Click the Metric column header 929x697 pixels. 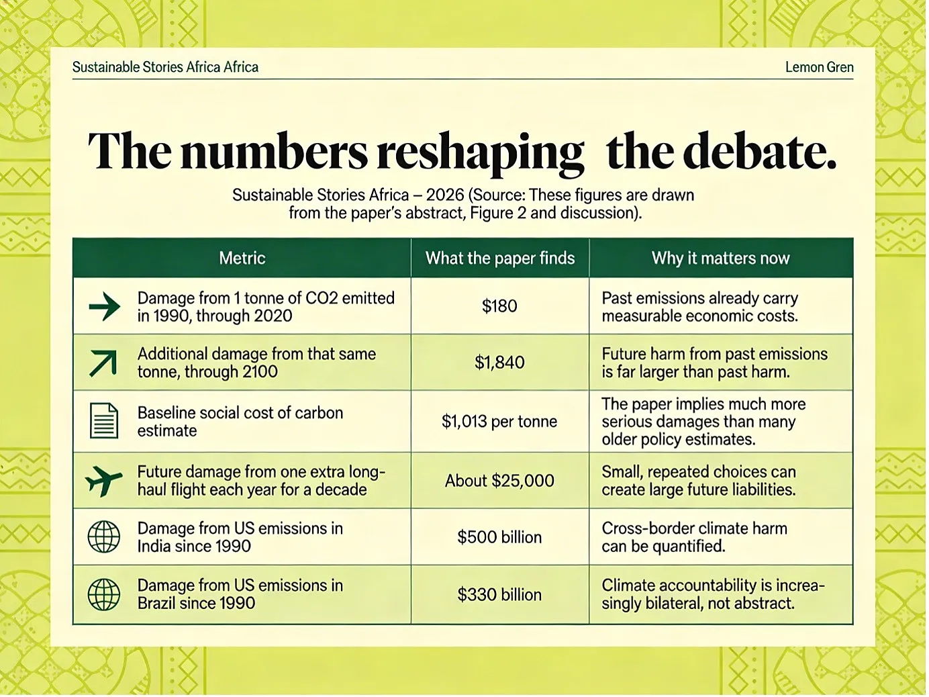point(242,258)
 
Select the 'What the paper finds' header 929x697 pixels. point(500,258)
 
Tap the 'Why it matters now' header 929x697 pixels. point(720,258)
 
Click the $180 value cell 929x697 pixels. point(499,306)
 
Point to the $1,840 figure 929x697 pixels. point(499,362)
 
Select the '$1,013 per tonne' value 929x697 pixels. point(499,422)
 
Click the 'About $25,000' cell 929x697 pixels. point(499,481)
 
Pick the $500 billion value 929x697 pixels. point(499,537)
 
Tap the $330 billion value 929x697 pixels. point(499,594)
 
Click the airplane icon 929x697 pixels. point(103,481)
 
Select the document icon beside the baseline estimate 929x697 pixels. point(104,420)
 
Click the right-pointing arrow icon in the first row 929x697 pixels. point(105,306)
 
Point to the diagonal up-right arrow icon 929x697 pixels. point(103,363)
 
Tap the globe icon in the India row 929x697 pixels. point(104,537)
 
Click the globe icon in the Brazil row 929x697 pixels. point(104,594)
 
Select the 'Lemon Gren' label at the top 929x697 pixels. point(820,67)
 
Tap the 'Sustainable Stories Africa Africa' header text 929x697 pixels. point(165,67)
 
